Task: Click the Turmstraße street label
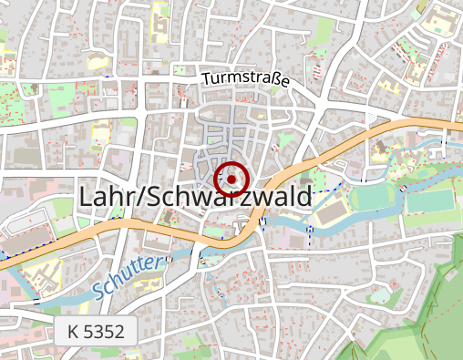click(x=246, y=80)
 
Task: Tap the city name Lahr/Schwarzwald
click(x=196, y=196)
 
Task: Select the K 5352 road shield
click(x=96, y=332)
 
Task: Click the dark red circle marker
click(x=232, y=180)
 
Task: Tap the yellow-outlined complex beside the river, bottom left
click(x=41, y=273)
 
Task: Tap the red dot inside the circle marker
click(x=232, y=180)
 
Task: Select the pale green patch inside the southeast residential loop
click(x=380, y=293)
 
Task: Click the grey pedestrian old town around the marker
click(x=228, y=137)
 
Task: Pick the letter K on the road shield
click(x=74, y=332)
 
